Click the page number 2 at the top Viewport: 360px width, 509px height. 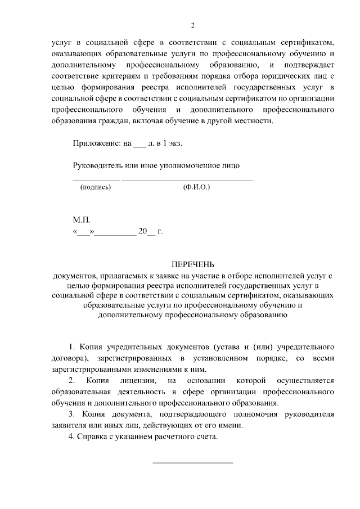[x=193, y=25]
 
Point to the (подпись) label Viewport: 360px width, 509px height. [x=96, y=187]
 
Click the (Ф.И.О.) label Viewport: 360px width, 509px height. [x=196, y=187]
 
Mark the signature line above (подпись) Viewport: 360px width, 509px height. [x=96, y=179]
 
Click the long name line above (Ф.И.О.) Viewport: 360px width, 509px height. [x=187, y=179]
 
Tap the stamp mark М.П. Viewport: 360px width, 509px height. [x=82, y=220]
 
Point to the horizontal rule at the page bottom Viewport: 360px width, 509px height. [x=193, y=462]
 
